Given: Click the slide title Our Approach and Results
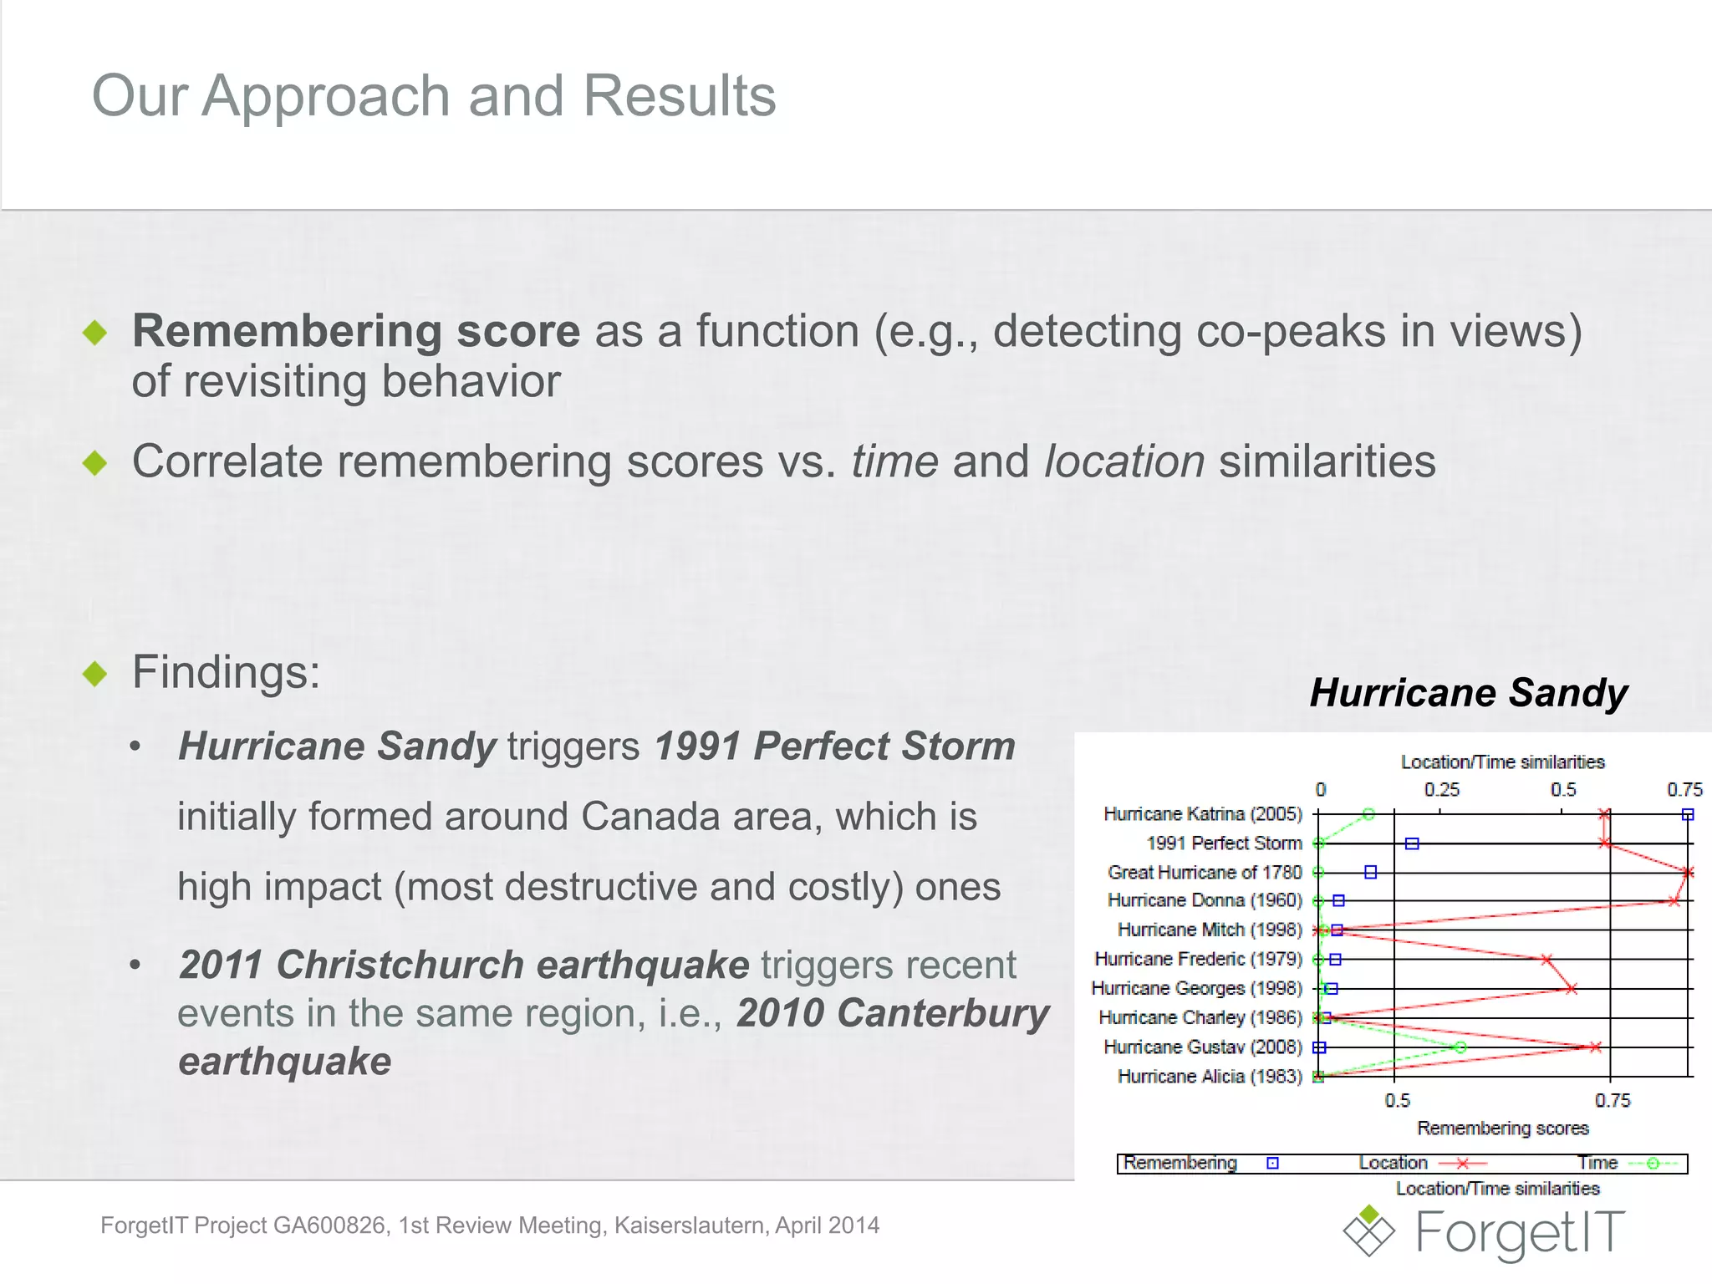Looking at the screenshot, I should click(434, 95).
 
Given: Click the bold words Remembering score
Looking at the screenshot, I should click(356, 331).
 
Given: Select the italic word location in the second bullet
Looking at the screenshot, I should click(1124, 461).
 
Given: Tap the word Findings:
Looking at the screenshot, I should click(227, 672).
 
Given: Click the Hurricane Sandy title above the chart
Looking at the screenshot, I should click(1469, 693).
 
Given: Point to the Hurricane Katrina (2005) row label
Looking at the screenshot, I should click(1203, 814).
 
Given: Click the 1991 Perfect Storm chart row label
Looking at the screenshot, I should click(1224, 843).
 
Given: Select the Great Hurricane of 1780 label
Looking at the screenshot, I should click(1205, 873).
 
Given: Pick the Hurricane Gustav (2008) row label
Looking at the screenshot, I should click(1203, 1047).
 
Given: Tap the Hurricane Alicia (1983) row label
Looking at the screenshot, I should click(1210, 1077).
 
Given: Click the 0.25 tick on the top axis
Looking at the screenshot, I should click(1442, 790).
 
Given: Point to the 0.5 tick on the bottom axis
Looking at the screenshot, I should click(1397, 1101).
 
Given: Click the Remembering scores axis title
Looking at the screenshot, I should click(1502, 1129).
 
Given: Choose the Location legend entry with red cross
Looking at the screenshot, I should click(1422, 1164).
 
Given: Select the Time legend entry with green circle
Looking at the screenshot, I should click(1627, 1164).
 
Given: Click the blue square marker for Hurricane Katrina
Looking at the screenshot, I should click(1688, 814).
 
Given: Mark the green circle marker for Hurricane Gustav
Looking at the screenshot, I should click(1460, 1047).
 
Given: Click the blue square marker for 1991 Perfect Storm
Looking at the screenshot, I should click(1412, 843).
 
